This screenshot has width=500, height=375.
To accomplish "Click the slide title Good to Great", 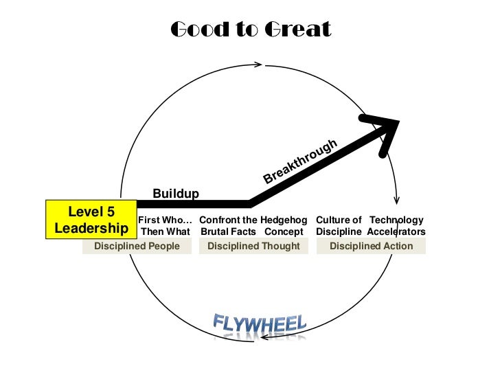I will pyautogui.click(x=250, y=30).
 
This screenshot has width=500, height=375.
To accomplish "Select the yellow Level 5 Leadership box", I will pyautogui.click(x=91, y=219).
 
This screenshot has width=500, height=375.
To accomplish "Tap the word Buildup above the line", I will pyautogui.click(x=176, y=194).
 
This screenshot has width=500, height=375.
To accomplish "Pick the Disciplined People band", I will pyautogui.click(x=137, y=246).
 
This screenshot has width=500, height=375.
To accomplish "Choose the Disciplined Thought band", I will pyautogui.click(x=253, y=246).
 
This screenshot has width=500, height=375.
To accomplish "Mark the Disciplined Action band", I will pyautogui.click(x=371, y=246).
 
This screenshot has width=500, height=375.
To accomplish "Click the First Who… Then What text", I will pyautogui.click(x=165, y=226).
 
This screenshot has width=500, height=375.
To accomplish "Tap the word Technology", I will pyautogui.click(x=396, y=220).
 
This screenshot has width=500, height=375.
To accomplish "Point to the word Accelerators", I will pyautogui.click(x=396, y=231).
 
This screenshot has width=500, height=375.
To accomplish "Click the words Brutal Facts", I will pyautogui.click(x=228, y=231).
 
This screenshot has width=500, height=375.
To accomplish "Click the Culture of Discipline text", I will pyautogui.click(x=339, y=226).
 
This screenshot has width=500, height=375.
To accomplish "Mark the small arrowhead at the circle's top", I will pyautogui.click(x=260, y=65).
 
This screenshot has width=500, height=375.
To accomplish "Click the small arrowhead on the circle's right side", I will pyautogui.click(x=396, y=201).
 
